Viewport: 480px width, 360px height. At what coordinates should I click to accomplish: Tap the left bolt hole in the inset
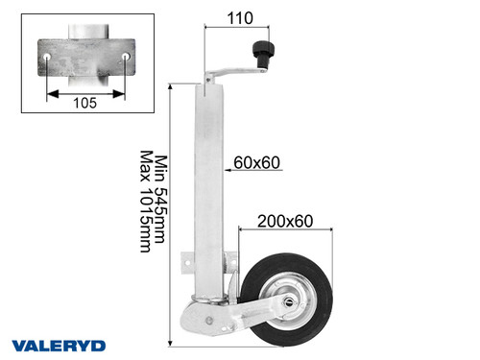(x=44, y=60)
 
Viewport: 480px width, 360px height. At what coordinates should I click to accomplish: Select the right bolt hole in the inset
(x=127, y=60)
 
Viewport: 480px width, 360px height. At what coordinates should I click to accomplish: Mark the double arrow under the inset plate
(x=85, y=93)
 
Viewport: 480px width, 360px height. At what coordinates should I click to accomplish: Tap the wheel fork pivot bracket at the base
(x=205, y=317)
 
